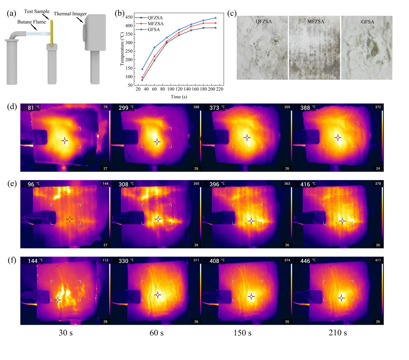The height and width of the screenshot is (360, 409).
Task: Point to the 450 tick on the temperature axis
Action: (x=129, y=17)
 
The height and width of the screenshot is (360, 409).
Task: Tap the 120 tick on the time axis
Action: (x=179, y=89)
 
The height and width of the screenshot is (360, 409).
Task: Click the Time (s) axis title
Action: (x=179, y=97)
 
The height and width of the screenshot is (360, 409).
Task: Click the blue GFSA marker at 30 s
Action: (x=142, y=69)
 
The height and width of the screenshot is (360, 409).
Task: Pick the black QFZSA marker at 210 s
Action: (x=216, y=28)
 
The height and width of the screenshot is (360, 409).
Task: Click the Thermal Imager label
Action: (x=70, y=14)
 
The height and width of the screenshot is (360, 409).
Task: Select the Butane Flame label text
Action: (x=31, y=22)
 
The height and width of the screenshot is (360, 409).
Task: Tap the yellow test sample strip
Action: (x=52, y=33)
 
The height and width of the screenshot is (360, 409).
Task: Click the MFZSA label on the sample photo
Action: (x=316, y=21)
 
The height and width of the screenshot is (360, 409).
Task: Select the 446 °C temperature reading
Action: (x=308, y=261)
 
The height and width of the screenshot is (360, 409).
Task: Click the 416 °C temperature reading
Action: (x=308, y=184)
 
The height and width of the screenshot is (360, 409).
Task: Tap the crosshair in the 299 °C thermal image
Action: (x=157, y=142)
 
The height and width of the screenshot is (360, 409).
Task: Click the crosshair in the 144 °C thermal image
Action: (x=58, y=300)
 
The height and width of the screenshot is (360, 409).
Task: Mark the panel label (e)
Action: (x=12, y=183)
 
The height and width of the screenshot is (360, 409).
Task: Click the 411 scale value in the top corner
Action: (x=378, y=260)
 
